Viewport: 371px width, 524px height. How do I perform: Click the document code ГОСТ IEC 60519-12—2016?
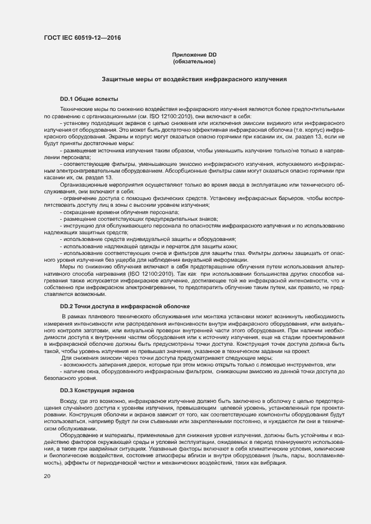[x=82, y=38]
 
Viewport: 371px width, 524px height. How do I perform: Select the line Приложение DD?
[x=194, y=55]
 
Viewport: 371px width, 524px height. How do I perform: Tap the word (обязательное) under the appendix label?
[x=194, y=61]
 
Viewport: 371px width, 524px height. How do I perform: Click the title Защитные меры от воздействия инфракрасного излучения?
[x=194, y=80]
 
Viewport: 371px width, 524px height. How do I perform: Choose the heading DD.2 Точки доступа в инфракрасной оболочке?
[x=125, y=307]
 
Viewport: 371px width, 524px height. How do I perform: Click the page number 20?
[x=47, y=476]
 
